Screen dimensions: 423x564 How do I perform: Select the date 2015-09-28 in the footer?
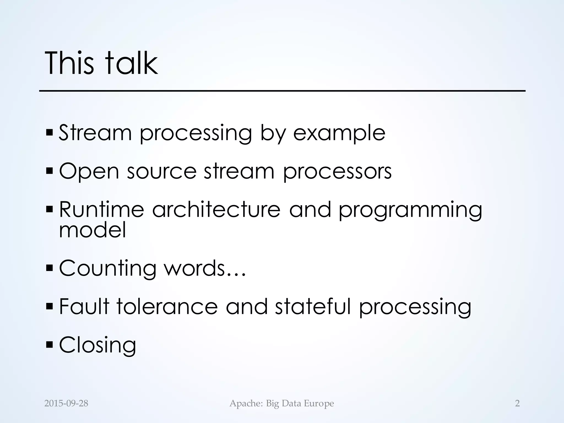coord(66,403)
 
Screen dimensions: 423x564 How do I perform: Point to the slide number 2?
coord(517,403)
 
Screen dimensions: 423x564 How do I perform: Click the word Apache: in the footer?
coord(246,403)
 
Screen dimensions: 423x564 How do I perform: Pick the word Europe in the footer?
coord(319,403)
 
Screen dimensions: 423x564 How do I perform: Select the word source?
coord(162,171)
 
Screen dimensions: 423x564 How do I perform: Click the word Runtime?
coord(102,209)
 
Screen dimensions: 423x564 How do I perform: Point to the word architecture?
coord(216,209)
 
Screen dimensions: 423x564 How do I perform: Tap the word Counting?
coord(108,269)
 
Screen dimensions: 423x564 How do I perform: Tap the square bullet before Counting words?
coord(50,267)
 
